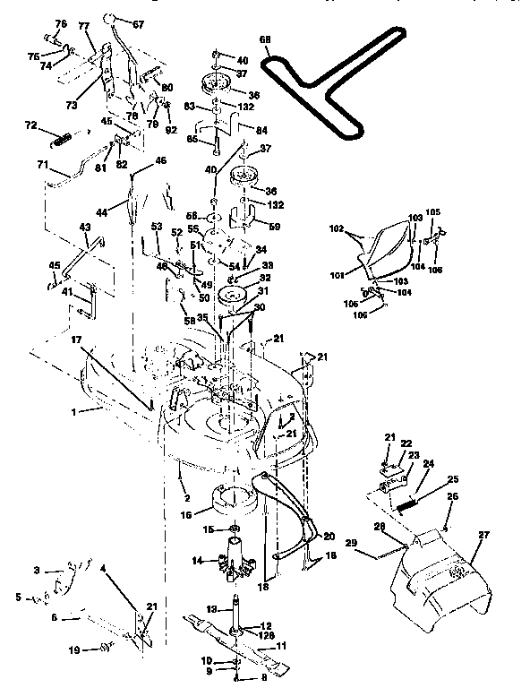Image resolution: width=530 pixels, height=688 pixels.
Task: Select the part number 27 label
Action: (x=484, y=535)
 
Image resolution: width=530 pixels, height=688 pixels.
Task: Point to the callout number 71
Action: (x=42, y=165)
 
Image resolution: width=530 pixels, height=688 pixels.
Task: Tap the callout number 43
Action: (x=84, y=228)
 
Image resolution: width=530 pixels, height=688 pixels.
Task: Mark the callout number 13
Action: (x=213, y=609)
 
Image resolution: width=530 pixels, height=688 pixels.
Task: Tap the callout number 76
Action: (x=61, y=23)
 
